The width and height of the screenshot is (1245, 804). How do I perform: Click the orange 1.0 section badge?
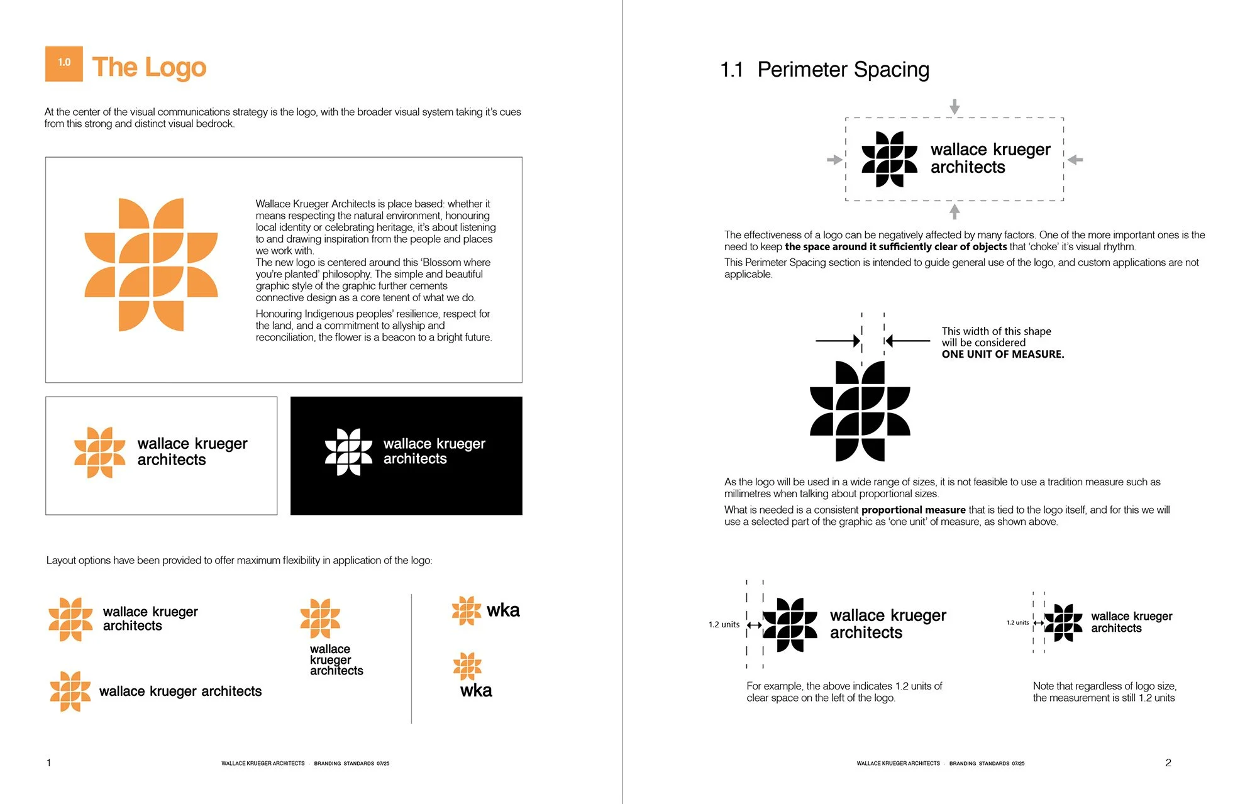[64, 63]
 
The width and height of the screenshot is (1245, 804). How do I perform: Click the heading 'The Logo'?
[149, 67]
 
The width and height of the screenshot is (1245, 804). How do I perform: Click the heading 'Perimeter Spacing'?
[843, 70]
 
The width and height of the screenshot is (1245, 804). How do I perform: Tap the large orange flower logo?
[151, 265]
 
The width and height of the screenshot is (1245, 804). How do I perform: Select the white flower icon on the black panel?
[349, 452]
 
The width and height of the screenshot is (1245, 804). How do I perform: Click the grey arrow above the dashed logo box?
[954, 106]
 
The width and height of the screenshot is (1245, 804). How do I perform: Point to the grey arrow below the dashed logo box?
[954, 211]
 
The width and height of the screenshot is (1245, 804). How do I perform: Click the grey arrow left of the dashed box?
[834, 160]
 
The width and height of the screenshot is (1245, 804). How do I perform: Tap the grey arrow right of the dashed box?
[1075, 160]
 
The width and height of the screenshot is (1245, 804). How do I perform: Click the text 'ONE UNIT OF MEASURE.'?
[1003, 354]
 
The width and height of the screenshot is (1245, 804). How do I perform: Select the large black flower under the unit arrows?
[860, 411]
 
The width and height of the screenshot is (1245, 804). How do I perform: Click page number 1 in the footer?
[48, 763]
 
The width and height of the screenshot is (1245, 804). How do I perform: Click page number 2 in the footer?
[1168, 763]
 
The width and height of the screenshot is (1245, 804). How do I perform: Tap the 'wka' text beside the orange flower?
[503, 610]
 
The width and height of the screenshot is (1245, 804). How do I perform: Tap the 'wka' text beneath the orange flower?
[476, 691]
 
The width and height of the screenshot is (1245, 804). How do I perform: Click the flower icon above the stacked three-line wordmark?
[320, 619]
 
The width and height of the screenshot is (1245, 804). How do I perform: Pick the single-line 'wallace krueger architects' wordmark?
[180, 691]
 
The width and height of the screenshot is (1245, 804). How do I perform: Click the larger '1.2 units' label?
[724, 624]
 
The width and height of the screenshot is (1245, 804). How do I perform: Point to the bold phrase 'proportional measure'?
[914, 510]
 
